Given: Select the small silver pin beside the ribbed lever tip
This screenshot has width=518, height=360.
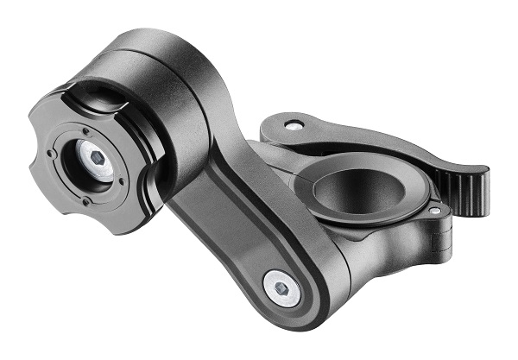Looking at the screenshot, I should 434,209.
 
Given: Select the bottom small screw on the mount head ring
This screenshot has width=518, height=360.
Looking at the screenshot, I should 86,203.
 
